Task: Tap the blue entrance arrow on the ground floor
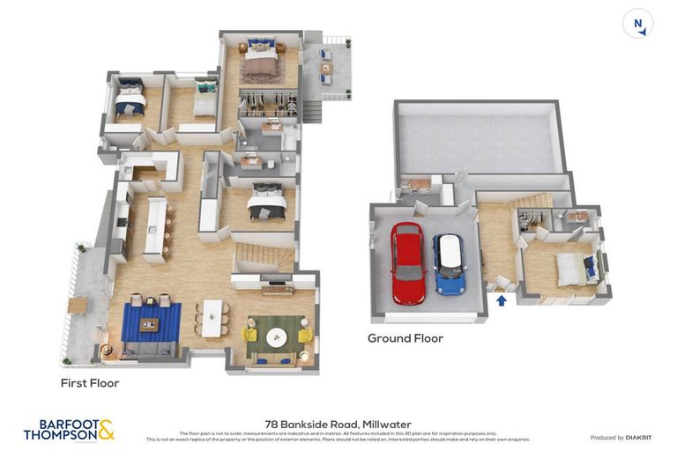[x=502, y=301]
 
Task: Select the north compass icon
[x=638, y=24]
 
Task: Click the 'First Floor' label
[x=89, y=383]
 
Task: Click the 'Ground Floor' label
[x=405, y=338]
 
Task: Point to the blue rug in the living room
[x=151, y=322]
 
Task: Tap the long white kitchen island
[x=155, y=227]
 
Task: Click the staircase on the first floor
[x=262, y=257]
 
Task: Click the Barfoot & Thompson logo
[x=69, y=430]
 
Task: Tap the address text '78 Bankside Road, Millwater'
[x=338, y=424]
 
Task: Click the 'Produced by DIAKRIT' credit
[x=620, y=438]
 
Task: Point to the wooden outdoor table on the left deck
[x=78, y=305]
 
